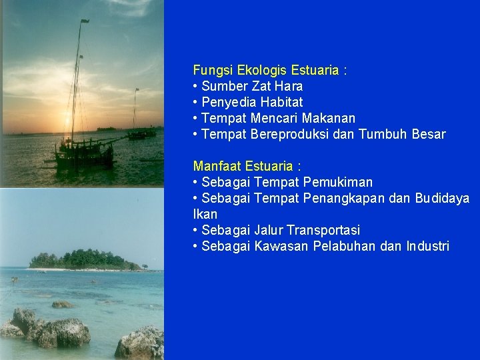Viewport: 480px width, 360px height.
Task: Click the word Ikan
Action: coord(205,214)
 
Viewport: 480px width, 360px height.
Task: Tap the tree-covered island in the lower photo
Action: coord(83,259)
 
